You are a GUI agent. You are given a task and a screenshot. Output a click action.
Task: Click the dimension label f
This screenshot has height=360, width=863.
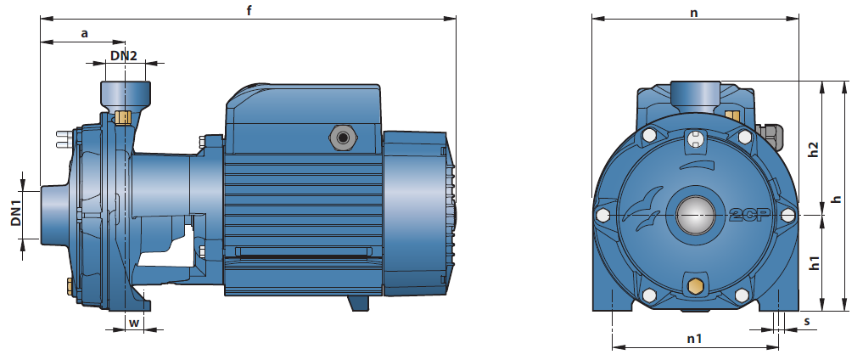click(249, 10)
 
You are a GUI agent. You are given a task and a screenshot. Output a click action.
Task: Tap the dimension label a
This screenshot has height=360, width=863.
click(84, 34)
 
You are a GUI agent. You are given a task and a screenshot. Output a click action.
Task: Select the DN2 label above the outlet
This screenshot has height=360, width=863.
click(123, 55)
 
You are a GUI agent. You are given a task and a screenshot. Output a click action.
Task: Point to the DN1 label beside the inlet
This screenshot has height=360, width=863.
click(15, 214)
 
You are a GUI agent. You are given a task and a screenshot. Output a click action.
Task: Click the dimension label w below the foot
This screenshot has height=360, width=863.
click(134, 323)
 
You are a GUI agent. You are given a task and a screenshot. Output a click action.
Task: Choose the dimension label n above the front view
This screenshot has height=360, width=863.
click(694, 13)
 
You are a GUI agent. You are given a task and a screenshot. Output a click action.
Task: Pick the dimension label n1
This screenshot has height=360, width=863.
click(695, 339)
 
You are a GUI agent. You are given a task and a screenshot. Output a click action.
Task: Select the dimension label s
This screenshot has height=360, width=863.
click(807, 322)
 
